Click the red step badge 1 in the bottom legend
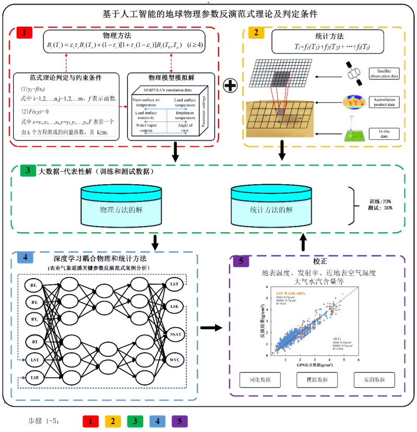(x=91, y=421)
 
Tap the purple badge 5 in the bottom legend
(x=178, y=421)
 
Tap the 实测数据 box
(x=372, y=379)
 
